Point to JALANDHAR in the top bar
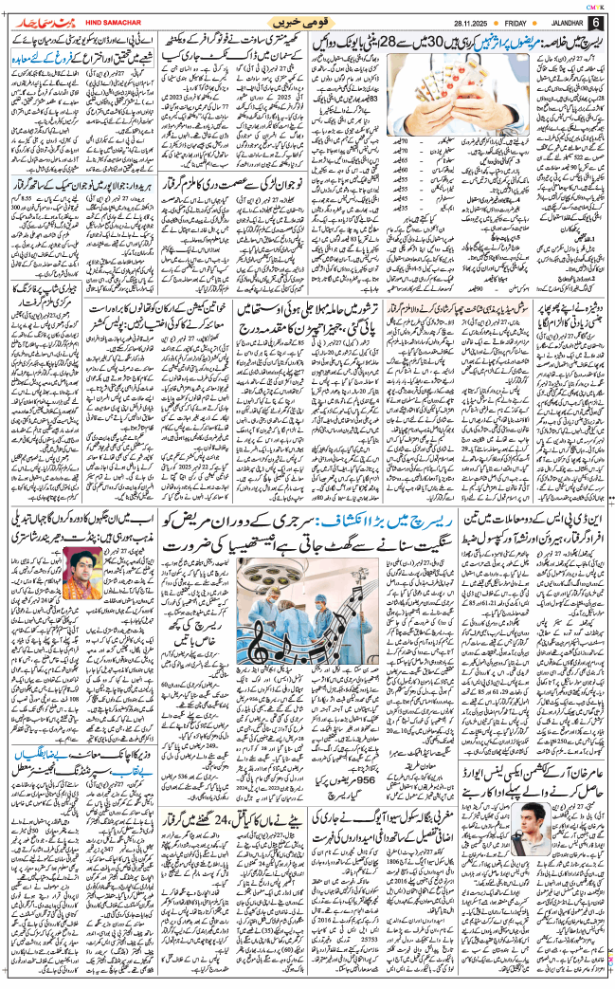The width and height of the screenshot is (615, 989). [567, 21]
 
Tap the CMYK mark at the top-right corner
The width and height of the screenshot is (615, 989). [588, 5]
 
